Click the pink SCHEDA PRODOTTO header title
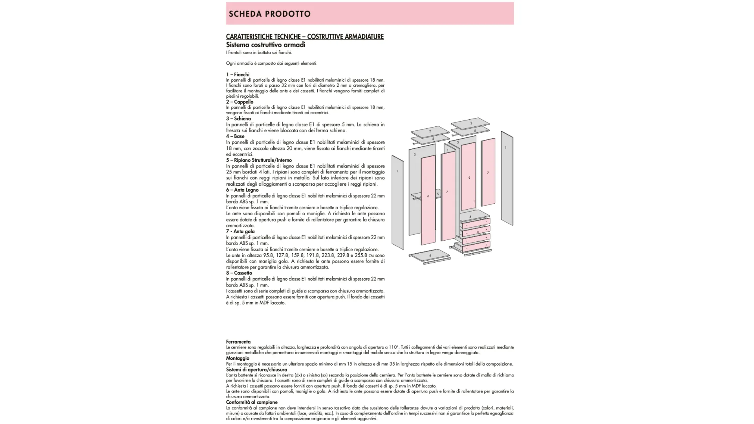point(269,14)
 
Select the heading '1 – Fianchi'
point(238,75)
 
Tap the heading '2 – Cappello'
point(240,102)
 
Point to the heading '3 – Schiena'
point(238,119)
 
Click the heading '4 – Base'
point(235,136)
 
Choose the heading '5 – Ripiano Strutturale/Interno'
point(259,160)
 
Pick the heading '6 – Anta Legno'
point(242,190)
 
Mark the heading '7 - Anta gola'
point(240,231)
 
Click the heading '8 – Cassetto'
point(239,273)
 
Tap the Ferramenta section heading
point(238,342)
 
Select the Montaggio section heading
point(238,358)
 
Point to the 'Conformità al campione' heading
point(252,402)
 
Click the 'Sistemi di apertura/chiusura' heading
point(256,369)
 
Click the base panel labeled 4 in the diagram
point(430,255)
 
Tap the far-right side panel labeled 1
point(507,179)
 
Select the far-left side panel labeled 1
point(397,202)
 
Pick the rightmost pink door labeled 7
point(488,172)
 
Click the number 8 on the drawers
point(478,232)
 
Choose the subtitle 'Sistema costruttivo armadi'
point(265,45)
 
